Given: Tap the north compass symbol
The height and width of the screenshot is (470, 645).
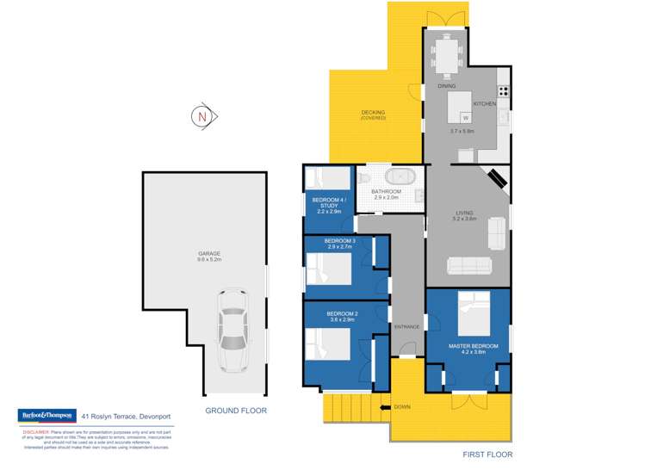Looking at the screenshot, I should tap(203, 116).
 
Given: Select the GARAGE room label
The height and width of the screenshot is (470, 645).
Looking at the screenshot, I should tap(208, 253).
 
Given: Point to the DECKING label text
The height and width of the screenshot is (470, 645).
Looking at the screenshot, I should tap(373, 113).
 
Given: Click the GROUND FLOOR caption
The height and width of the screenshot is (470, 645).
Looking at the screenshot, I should tap(236, 411).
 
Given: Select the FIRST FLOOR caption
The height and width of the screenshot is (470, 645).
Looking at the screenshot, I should tap(487, 454).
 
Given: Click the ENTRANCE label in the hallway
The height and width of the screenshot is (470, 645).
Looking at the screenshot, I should tap(406, 326).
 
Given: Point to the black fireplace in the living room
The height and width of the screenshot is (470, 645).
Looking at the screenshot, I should tap(498, 180).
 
